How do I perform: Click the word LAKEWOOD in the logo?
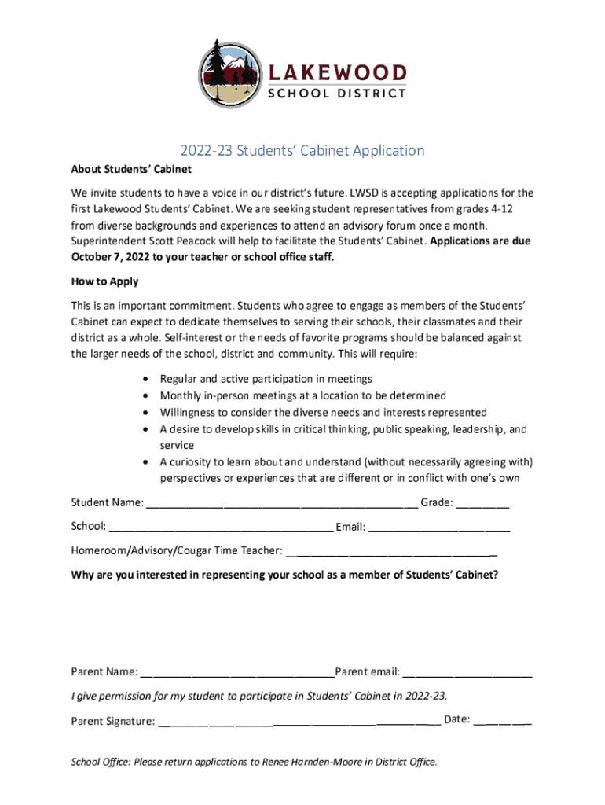[339, 73]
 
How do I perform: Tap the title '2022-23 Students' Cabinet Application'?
[302, 151]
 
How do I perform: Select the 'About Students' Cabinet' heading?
[131, 169]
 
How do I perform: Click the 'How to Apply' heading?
[104, 281]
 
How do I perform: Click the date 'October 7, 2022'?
[114, 256]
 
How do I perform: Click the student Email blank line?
[439, 527]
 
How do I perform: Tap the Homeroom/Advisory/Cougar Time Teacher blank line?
[391, 552]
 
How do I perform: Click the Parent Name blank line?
[237, 673]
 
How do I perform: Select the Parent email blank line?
[468, 673]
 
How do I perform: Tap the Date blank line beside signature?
[503, 720]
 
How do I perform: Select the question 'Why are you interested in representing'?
[284, 575]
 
